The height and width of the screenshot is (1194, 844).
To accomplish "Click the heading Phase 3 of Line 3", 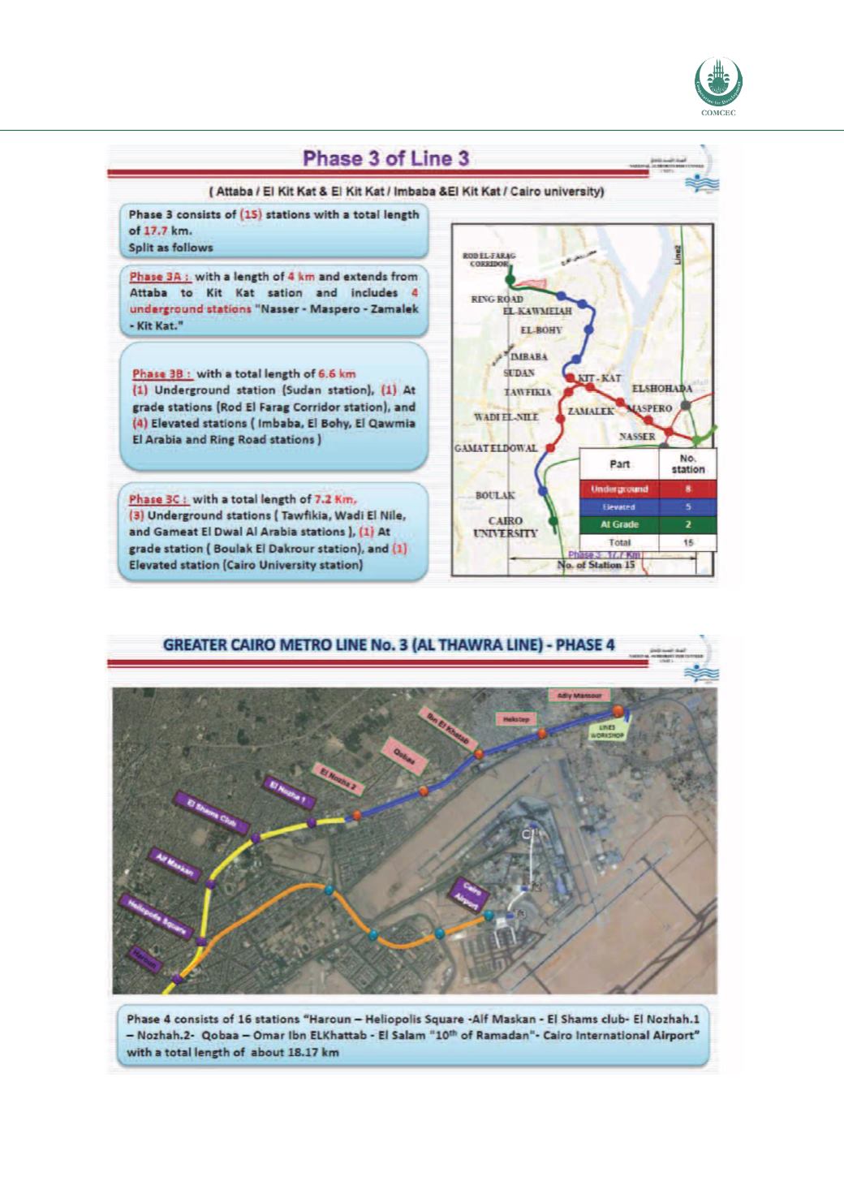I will coord(386,159).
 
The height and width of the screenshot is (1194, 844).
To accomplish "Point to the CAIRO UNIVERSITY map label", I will coord(506,527).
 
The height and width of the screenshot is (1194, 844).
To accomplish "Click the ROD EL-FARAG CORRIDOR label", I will coord(486,260).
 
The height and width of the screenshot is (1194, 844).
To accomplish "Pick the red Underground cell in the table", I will coord(619,489).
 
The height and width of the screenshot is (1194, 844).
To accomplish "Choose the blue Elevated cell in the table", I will coord(619,507).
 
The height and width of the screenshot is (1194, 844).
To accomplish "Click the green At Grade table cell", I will coord(619,524).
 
